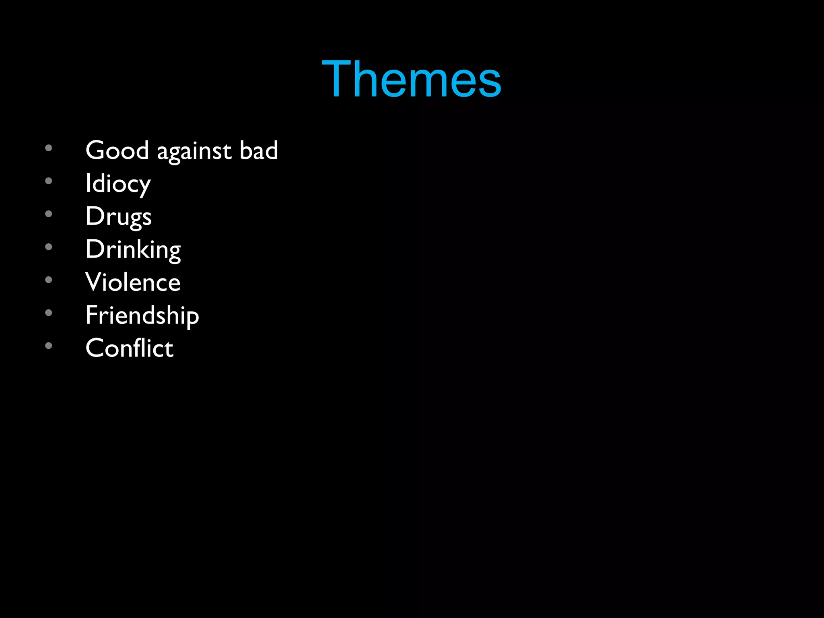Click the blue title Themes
(412, 79)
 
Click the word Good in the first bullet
(117, 150)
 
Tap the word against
(194, 152)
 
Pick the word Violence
(133, 282)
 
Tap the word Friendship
(142, 315)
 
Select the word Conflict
(130, 348)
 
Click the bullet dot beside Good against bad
(49, 148)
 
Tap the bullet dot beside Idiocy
(49, 181)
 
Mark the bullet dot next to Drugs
(49, 214)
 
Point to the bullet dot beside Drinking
(49, 247)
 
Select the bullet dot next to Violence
(49, 280)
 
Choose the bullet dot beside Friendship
(49, 313)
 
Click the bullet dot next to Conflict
(49, 346)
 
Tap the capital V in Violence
(94, 282)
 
